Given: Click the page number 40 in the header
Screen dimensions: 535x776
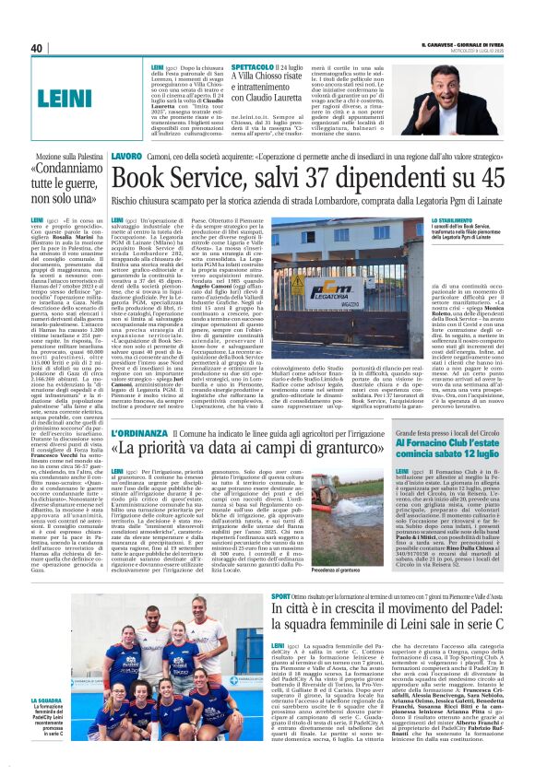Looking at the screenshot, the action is point(38,48).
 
